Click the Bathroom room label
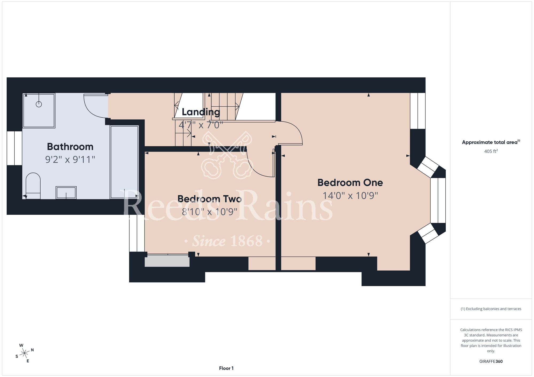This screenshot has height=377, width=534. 70,147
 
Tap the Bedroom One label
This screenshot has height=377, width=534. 350,183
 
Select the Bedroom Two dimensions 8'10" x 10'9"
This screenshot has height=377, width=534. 210,212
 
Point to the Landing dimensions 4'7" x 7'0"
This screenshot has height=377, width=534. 201,125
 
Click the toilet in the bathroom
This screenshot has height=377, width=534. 33,186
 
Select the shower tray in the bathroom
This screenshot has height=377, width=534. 39,110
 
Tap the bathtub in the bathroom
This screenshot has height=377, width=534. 124,162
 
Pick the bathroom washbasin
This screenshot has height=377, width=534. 66,192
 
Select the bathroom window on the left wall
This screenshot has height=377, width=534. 14,148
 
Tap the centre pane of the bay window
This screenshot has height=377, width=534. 438,200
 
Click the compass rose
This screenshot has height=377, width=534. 25,353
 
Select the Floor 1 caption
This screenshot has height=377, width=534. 226,368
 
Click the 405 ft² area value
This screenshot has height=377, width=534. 491,151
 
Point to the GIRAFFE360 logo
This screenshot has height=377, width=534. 491,362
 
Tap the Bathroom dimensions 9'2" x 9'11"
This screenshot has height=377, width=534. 70,159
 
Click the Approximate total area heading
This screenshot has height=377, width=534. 491,142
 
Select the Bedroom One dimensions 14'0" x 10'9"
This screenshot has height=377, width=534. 350,196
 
